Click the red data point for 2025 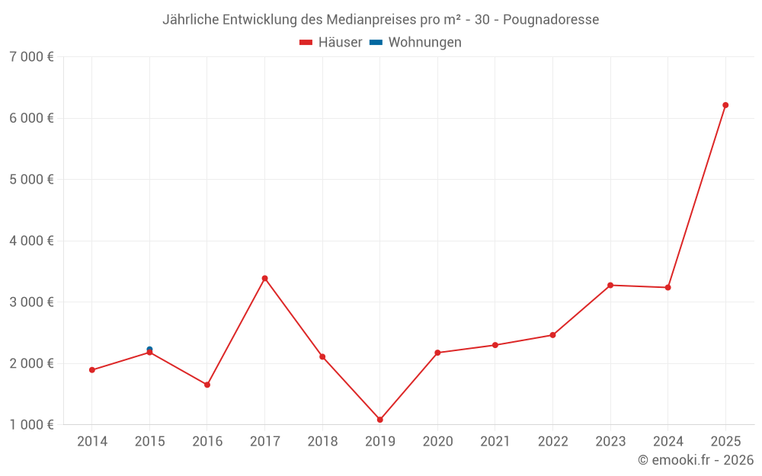click(725, 105)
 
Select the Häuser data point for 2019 click(380, 420)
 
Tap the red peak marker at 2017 click(265, 279)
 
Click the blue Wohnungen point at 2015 click(149, 349)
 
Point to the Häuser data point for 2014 click(92, 370)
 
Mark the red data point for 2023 click(610, 286)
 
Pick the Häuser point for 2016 click(207, 385)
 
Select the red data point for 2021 click(495, 345)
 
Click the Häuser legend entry click(331, 43)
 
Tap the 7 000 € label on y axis click(31, 57)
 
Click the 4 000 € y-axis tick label click(31, 241)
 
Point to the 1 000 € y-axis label click(31, 424)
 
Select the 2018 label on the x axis click(322, 442)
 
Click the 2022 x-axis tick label click(552, 442)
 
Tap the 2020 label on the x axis click(437, 442)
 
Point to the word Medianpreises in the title click(373, 19)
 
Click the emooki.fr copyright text click(696, 460)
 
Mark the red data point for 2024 click(668, 288)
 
